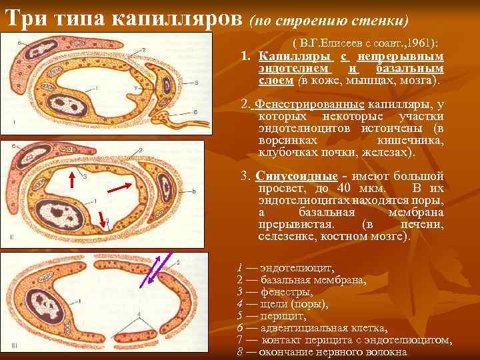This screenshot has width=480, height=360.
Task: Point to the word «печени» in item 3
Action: coord(421,225)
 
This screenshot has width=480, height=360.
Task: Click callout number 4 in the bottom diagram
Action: coord(138,313)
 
